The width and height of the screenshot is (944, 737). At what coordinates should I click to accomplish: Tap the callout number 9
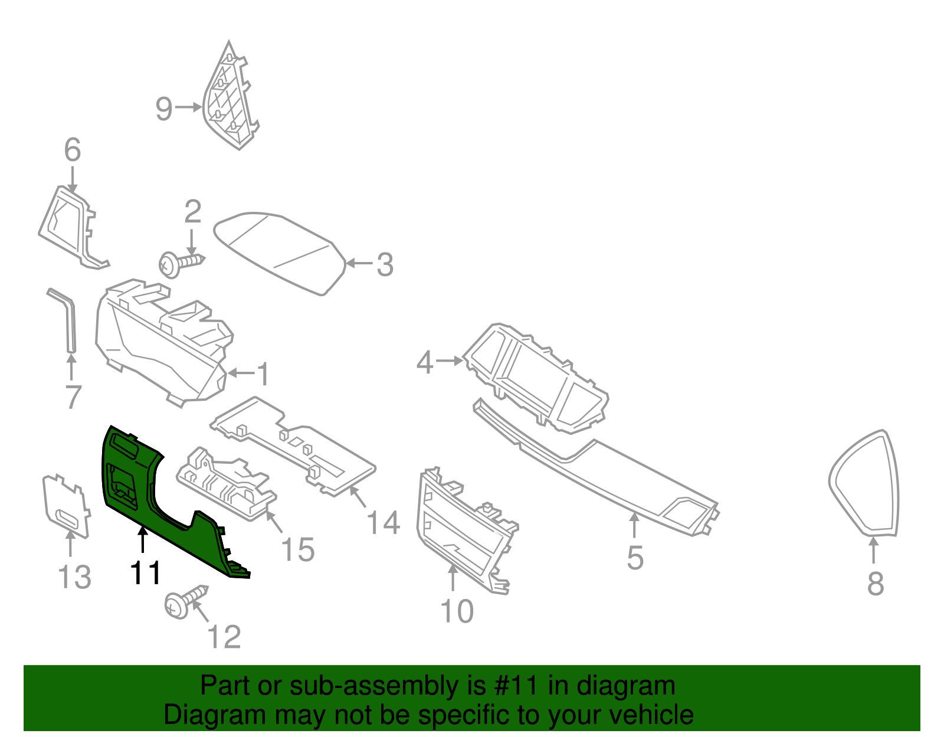coord(164,109)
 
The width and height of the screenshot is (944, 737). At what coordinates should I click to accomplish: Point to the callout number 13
coord(75,577)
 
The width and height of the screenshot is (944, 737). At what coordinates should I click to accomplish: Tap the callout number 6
coord(72,150)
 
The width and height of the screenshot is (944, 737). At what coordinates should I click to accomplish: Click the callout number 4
coord(425,362)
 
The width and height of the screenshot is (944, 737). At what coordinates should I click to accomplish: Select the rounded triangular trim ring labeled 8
coord(865,484)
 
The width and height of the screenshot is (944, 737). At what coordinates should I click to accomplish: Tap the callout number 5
coord(635,558)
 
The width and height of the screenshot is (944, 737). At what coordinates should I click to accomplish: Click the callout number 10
coord(457,611)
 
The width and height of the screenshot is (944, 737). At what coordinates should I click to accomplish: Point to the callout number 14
coord(383,523)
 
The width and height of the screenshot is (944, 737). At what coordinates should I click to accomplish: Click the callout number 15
coord(298,550)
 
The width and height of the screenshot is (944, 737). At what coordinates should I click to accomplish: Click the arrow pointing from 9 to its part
coord(188,107)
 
